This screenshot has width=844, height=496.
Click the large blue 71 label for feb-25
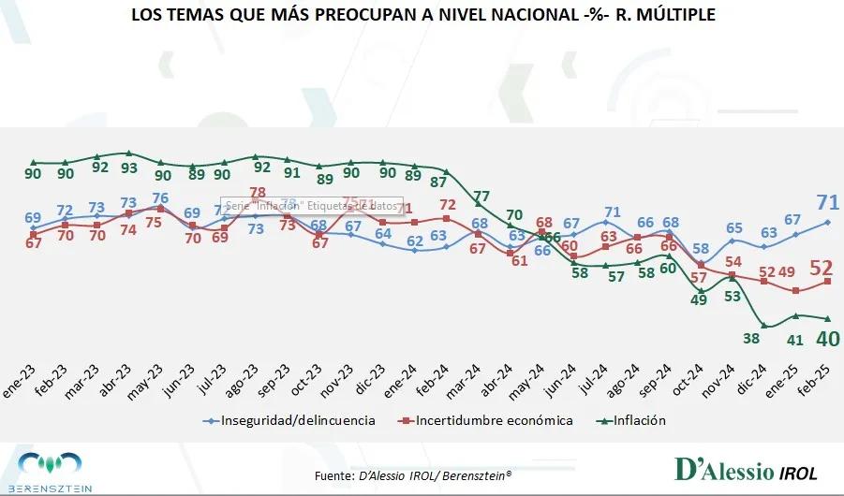(828, 201)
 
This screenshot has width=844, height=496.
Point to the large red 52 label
(828, 268)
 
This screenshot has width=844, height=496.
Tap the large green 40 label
(828, 339)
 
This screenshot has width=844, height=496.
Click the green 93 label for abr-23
(128, 168)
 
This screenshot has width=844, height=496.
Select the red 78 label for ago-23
(257, 193)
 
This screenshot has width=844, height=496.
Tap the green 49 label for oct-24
(699, 300)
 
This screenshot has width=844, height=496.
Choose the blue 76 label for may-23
(160, 197)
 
